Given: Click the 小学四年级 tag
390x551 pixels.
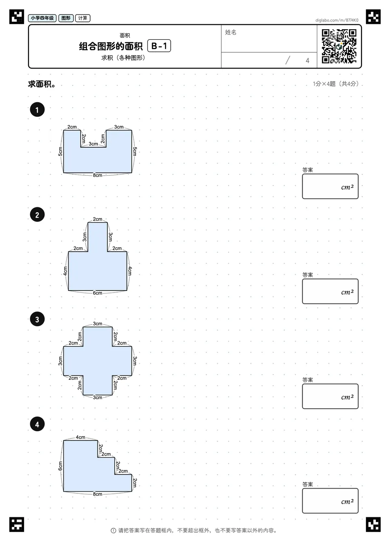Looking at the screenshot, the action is point(42,18).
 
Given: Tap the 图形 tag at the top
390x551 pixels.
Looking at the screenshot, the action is point(66,18).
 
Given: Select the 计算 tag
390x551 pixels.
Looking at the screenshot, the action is point(83,18).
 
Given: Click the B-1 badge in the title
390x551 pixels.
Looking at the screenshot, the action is point(159,46).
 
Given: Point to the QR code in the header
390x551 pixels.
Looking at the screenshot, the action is point(339,46).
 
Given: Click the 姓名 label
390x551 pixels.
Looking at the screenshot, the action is point(230,32).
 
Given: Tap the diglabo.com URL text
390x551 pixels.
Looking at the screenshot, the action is point(337,20).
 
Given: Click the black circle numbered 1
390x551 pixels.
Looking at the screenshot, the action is point(37,110).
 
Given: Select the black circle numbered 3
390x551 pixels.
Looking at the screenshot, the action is point(37,319).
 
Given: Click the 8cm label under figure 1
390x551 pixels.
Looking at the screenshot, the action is point(97,175).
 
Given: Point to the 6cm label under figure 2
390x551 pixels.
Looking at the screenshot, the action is point(97,293).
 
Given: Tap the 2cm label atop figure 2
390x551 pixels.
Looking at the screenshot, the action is point(97,219).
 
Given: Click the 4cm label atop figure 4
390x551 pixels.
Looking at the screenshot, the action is point(80,437).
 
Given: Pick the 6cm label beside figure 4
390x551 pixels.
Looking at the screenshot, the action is point(60,466).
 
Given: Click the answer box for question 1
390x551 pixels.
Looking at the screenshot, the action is point(330,186).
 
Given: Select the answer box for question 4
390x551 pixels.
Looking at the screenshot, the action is point(330,501).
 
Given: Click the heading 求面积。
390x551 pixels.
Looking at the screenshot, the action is point(42,84).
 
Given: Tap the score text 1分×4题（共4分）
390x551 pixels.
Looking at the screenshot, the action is point(336,84).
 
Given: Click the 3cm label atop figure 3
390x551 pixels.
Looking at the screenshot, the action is point(97,323).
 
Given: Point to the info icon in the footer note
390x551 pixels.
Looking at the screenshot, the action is point(113,531).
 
